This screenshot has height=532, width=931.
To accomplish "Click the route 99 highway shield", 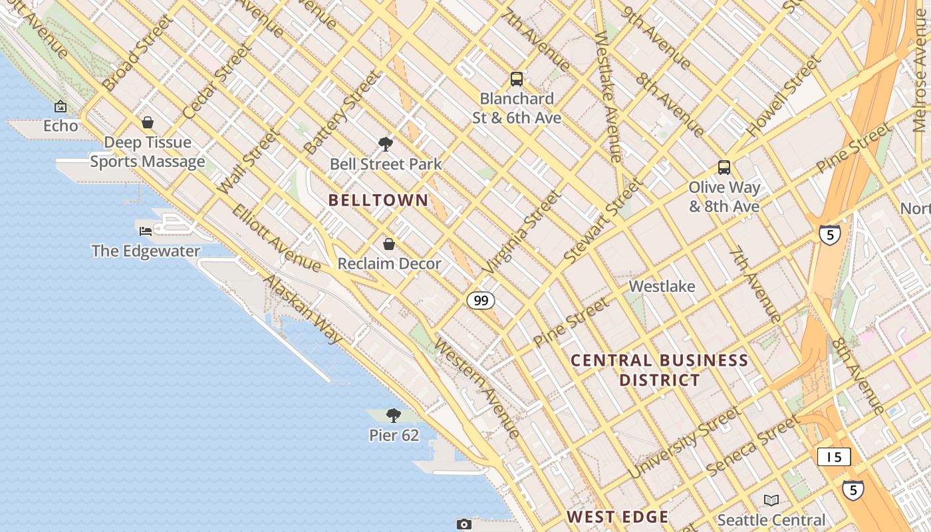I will point(481,301).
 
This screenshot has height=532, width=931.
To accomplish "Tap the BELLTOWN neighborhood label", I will point(378,200).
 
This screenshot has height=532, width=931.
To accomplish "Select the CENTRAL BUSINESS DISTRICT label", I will point(660,370).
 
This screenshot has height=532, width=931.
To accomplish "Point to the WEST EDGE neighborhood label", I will point(618,517).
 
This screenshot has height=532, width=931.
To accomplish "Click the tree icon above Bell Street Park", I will point(385,144).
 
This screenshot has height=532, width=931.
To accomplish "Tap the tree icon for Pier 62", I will point(394,416).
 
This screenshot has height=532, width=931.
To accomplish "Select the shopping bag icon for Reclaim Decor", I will point(389,244).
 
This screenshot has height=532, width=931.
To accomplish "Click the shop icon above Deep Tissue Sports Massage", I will point(148,122).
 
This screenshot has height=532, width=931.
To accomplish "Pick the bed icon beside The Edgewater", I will point(146,231).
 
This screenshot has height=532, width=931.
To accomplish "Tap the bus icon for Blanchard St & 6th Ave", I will point(517,79).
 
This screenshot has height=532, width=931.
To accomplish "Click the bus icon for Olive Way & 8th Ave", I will point(724,168).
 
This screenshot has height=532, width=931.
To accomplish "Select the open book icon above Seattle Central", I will point(771,500).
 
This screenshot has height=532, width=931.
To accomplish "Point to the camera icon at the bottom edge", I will point(464,524).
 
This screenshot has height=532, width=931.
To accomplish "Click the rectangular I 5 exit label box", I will point(834,457).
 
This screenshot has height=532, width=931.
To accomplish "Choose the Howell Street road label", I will point(783,97).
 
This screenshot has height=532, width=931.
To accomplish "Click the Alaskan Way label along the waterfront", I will point(303,310).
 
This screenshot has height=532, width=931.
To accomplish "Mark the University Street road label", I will point(684,443).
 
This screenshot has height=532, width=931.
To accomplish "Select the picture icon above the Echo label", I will point(61,106).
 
